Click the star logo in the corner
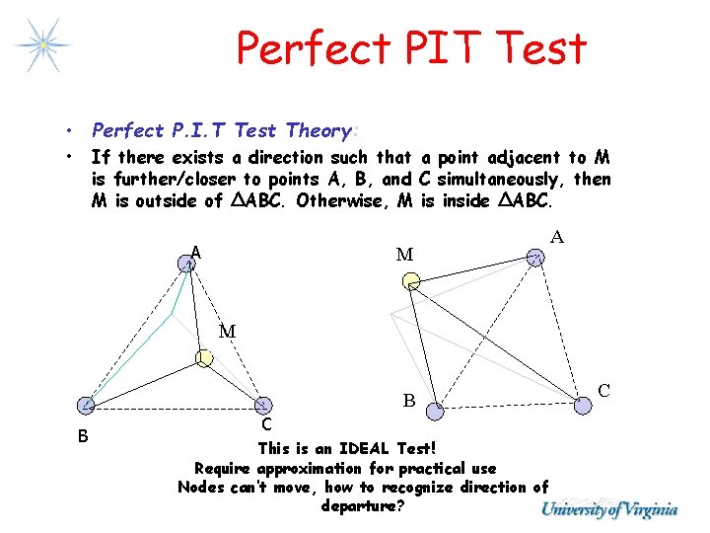pyautogui.click(x=41, y=43)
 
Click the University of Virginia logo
pyautogui.click(x=609, y=509)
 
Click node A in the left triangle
pyautogui.click(x=186, y=263)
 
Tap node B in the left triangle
pyautogui.click(x=87, y=404)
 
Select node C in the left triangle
pyautogui.click(x=263, y=404)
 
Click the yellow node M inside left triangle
pyautogui.click(x=203, y=357)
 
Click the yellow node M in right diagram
pyautogui.click(x=410, y=282)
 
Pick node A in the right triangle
pyautogui.click(x=534, y=258)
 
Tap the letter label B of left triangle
pyautogui.click(x=84, y=436)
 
